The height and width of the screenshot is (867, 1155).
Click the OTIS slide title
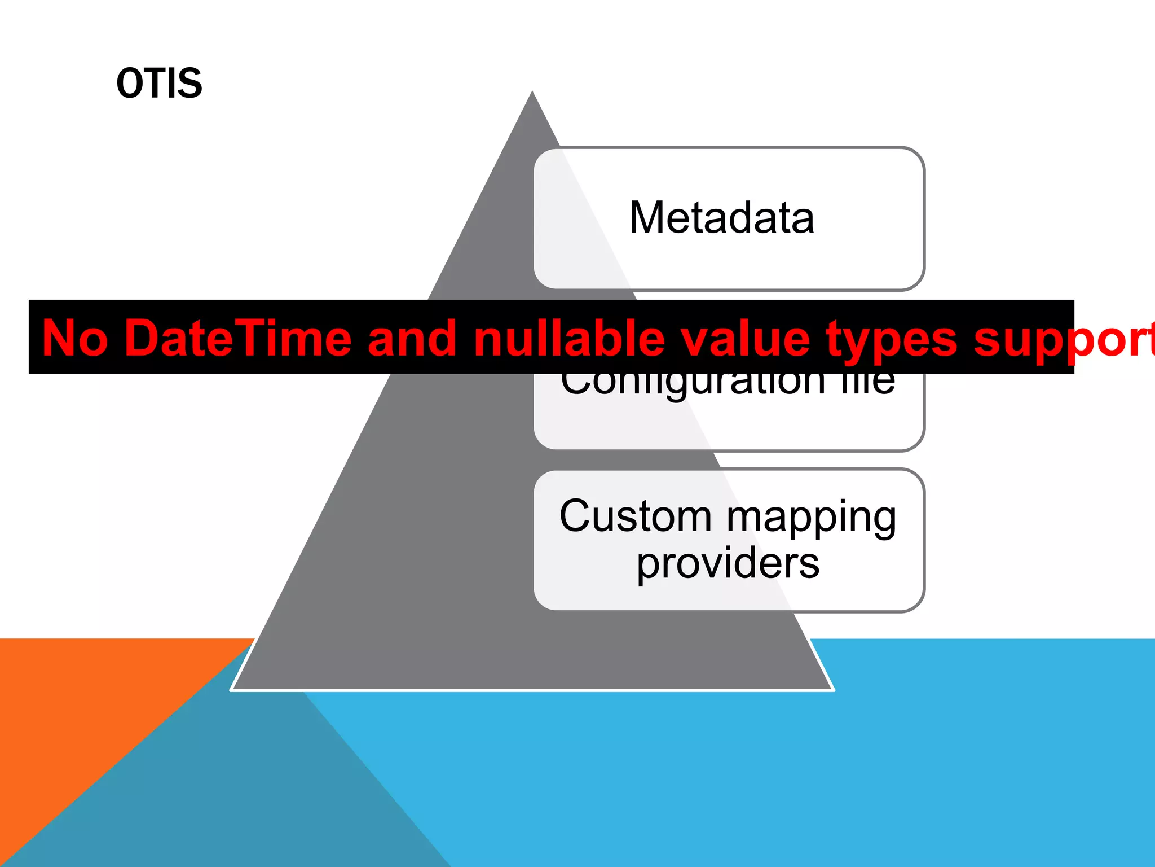159,84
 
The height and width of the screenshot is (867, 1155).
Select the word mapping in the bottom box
812,519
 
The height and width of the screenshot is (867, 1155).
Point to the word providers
728,564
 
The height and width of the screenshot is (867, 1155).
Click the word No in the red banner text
74,338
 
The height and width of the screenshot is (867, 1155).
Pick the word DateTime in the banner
237,338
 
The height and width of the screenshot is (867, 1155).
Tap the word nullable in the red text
570,338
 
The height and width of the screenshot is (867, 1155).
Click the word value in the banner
744,338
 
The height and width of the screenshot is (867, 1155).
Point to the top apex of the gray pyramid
532,94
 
